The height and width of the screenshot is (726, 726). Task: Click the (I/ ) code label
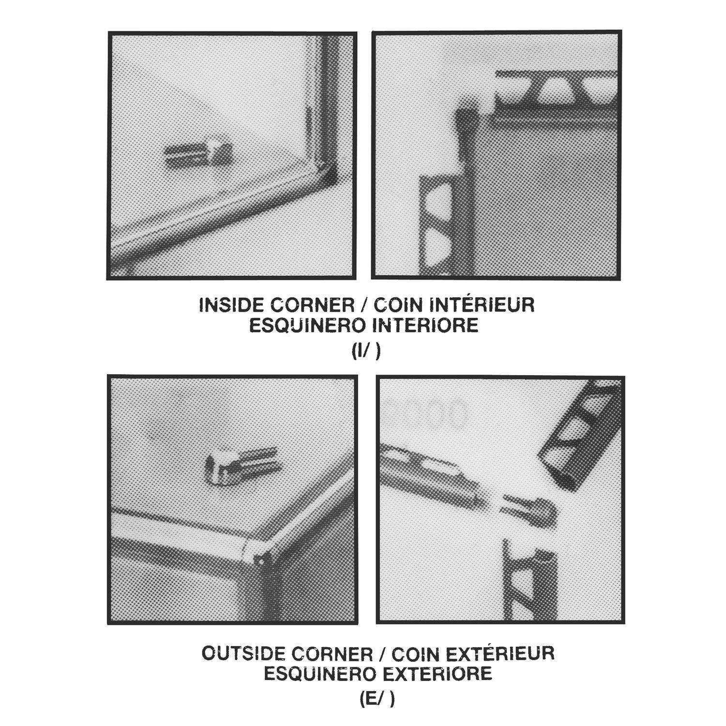pyautogui.click(x=366, y=351)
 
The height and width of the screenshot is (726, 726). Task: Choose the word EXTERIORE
pyautogui.click(x=437, y=673)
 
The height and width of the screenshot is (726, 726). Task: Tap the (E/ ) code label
pyautogui.click(x=377, y=699)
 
